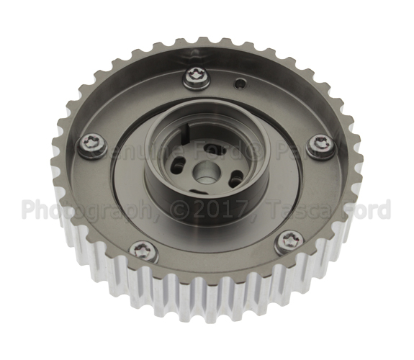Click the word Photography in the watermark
80,210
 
